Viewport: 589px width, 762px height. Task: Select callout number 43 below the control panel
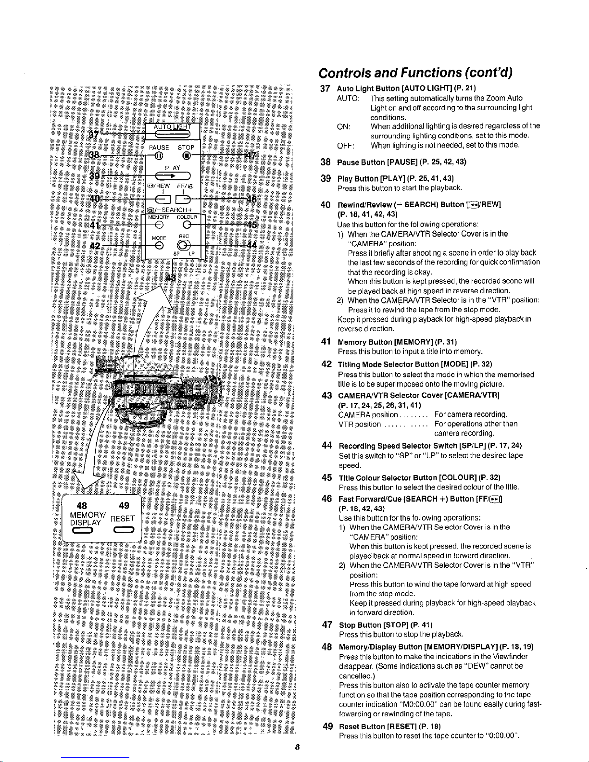pos(171,279)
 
